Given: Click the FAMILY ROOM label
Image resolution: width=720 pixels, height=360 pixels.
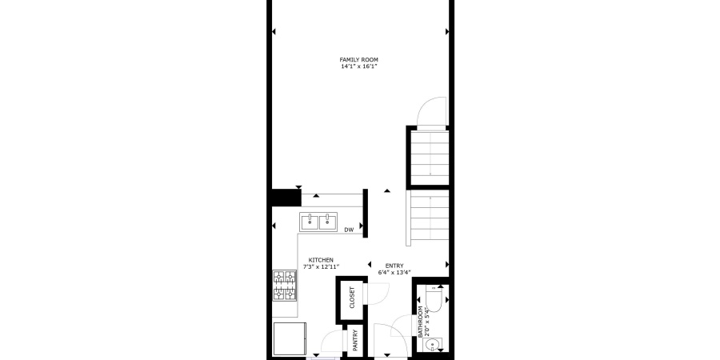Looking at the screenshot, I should click(358, 60).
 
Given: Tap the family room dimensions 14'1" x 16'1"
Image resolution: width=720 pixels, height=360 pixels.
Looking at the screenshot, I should click(358, 67).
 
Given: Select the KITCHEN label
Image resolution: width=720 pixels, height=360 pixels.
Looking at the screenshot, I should click(322, 260).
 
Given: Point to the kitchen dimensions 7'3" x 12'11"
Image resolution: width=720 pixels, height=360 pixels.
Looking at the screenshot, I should click(322, 267).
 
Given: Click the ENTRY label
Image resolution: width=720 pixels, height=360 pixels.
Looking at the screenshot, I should click(394, 266).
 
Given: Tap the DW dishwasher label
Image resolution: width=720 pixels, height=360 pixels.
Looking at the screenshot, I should click(349, 230).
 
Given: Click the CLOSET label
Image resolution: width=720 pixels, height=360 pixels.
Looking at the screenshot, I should click(352, 298).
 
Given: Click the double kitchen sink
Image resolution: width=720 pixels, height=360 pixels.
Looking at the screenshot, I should click(319, 221).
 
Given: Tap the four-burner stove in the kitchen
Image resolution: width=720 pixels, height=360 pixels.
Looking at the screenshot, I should click(285, 286).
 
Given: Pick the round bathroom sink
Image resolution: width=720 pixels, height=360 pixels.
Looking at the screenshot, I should click(433, 345).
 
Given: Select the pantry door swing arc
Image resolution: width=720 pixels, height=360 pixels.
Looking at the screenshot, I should click(330, 344).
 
